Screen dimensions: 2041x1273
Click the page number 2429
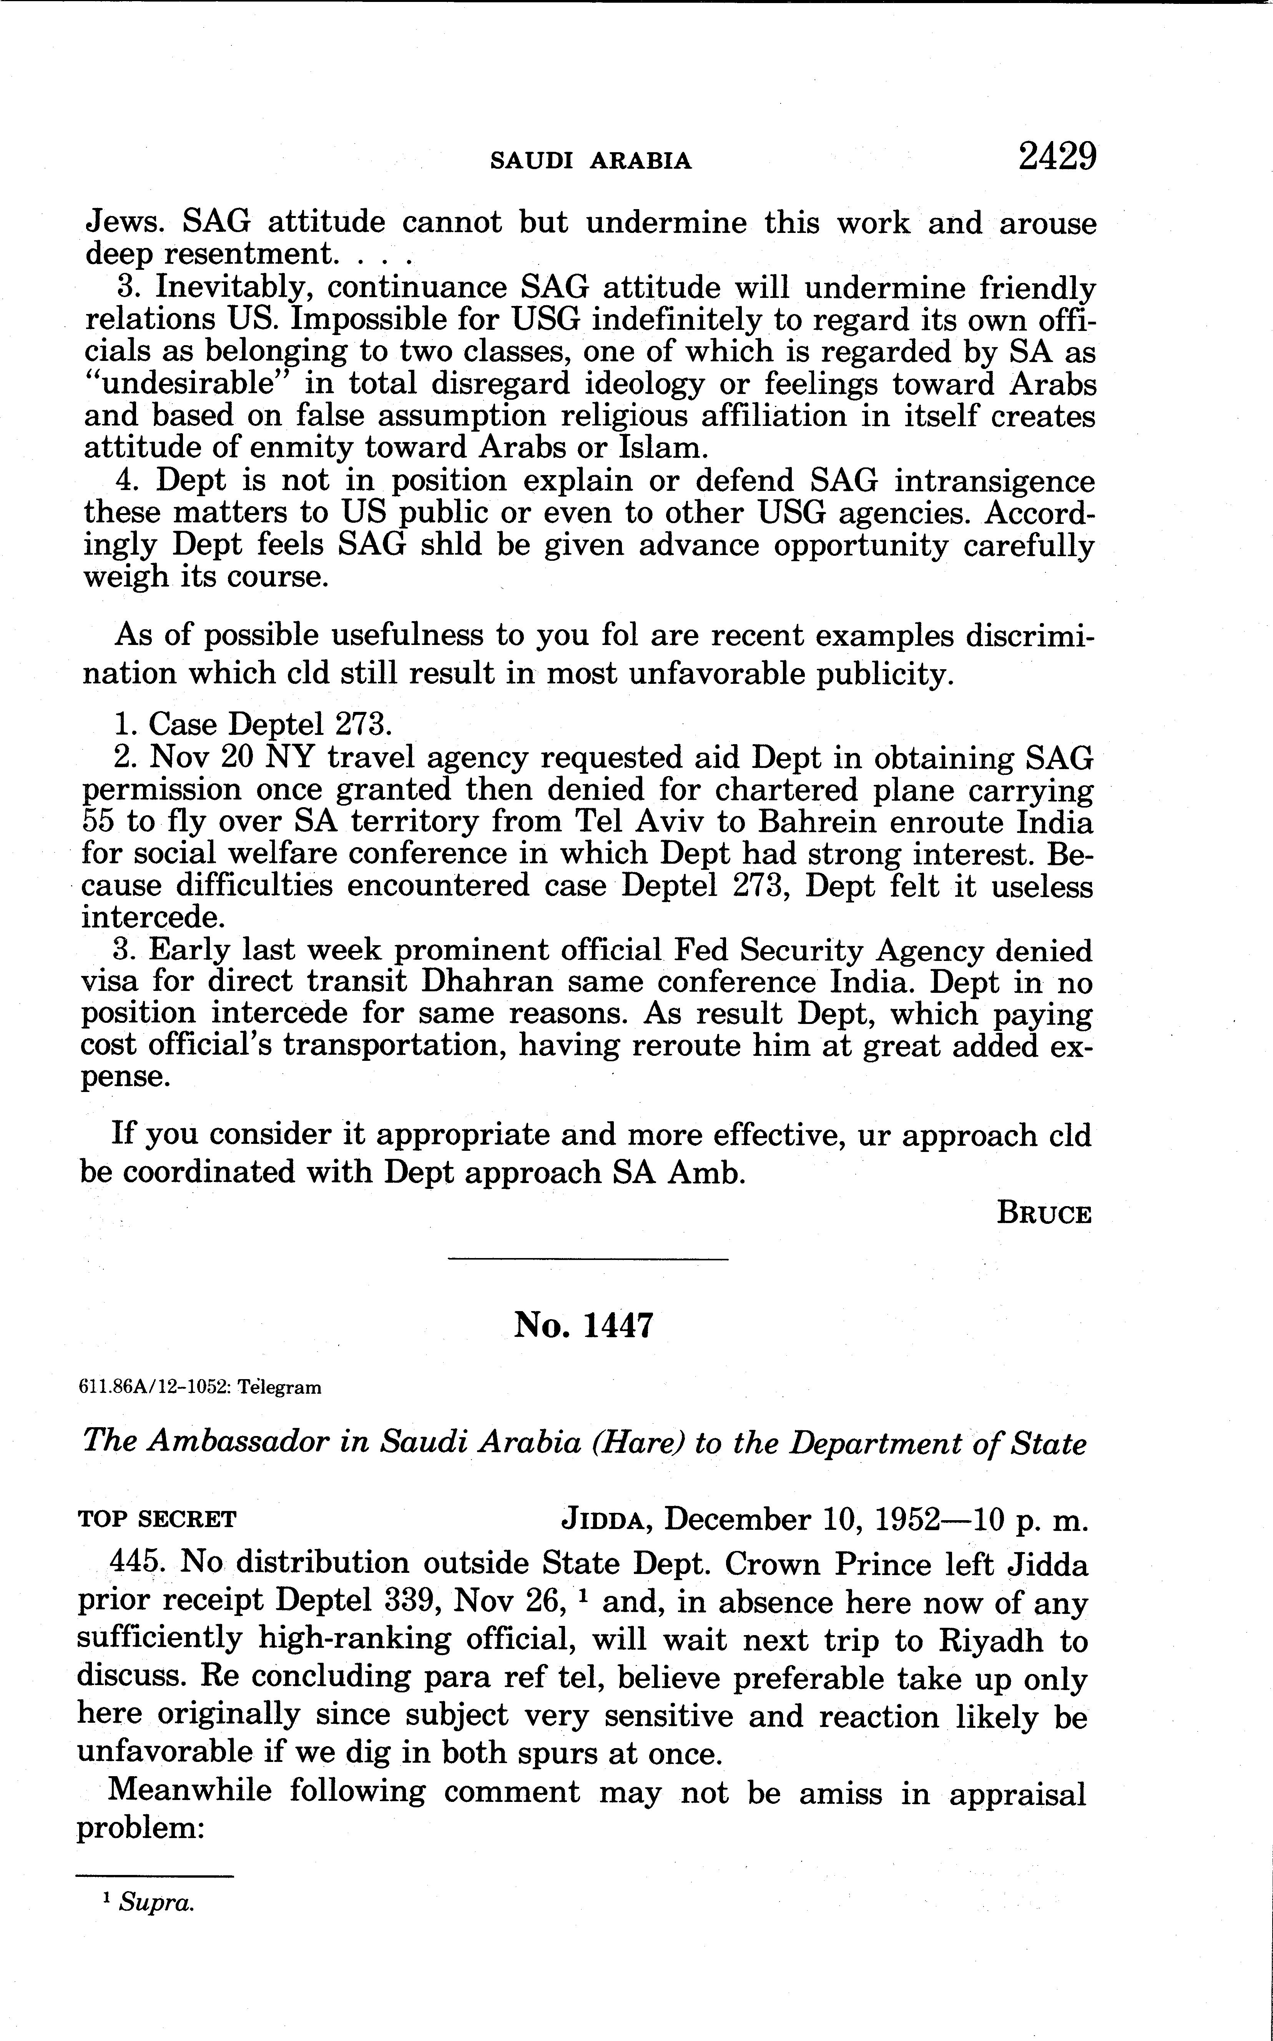pos(1057,156)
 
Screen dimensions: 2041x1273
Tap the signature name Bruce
pos(1044,1214)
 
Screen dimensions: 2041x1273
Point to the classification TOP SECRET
pos(158,1520)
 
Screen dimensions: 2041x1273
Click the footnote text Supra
pos(156,1903)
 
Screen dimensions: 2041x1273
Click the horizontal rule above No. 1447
pos(588,1259)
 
